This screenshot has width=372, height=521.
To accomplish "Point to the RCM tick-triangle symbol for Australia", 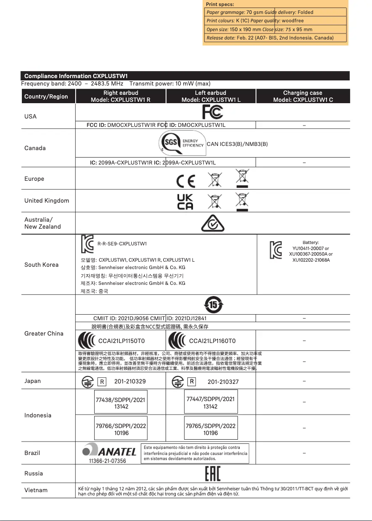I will coord(213,224).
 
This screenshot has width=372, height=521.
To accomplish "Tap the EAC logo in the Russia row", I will coord(212,474).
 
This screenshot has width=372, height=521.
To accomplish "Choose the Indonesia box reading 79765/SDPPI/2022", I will coord(211,429).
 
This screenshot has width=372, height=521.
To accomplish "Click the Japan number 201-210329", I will coord(130,382).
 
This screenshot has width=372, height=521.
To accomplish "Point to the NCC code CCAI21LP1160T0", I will coord(212,341).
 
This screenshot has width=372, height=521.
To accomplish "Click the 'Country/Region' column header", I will coord(46,97).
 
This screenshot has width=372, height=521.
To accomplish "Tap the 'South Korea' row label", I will coord(41,265).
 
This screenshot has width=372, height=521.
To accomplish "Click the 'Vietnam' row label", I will coord(36,490).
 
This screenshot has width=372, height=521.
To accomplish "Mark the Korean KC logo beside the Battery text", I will coord(276,250).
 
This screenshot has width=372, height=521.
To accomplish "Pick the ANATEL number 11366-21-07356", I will coord(107,461).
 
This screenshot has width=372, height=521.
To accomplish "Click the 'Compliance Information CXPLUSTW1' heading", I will coord(76,76).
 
